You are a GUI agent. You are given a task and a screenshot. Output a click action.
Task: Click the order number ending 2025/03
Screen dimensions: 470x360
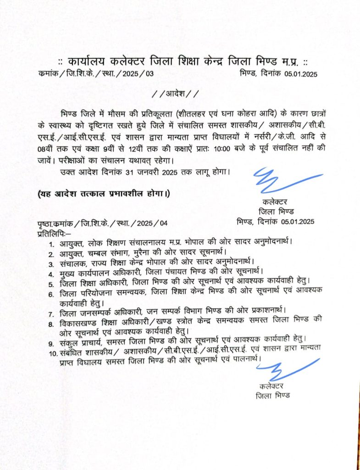click(x=96, y=73)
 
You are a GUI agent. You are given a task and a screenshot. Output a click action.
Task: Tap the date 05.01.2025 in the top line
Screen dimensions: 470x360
click(x=300, y=73)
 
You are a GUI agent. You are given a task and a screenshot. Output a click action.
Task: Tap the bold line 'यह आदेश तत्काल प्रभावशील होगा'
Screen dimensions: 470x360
click(x=104, y=194)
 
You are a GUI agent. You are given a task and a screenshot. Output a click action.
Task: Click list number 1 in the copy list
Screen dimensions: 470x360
click(x=52, y=243)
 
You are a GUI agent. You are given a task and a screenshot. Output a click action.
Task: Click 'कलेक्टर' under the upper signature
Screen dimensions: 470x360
click(x=275, y=202)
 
